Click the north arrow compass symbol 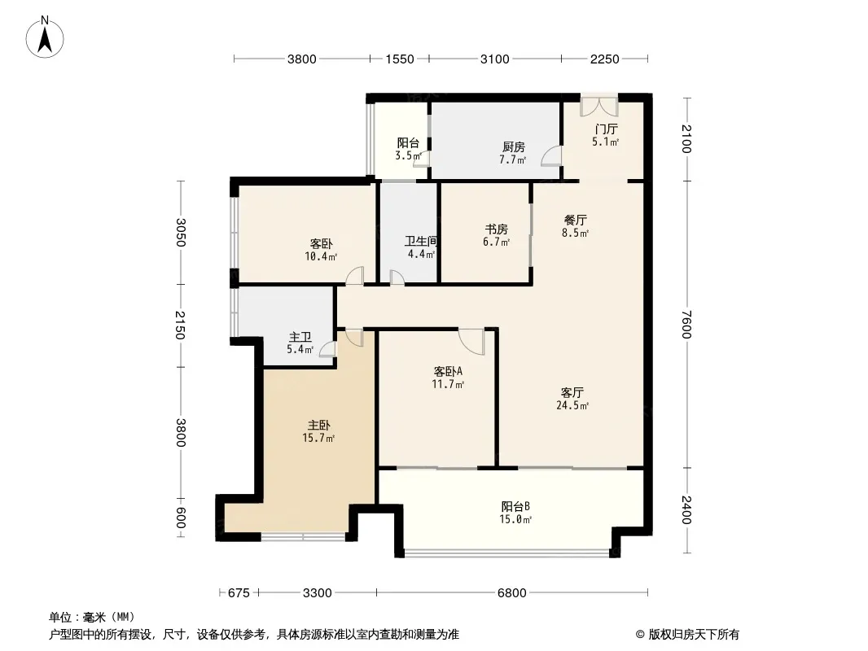click(45, 37)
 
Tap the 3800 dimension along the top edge click(302, 59)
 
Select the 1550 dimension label click(400, 59)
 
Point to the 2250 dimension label click(604, 59)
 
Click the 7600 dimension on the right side click(686, 324)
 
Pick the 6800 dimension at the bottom click(512, 593)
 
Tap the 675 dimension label click(239, 593)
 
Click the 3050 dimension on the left click(181, 233)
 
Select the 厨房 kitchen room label click(514, 147)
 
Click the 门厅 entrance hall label click(606, 129)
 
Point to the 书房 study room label click(497, 229)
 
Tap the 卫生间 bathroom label click(421, 242)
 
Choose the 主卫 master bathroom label click(300, 337)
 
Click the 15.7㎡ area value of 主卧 click(318, 439)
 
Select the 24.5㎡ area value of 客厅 click(572, 405)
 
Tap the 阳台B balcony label click(516, 507)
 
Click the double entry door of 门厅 click(599, 107)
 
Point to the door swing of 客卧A click(471, 342)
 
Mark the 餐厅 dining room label click(575, 221)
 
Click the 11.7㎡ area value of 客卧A click(448, 384)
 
